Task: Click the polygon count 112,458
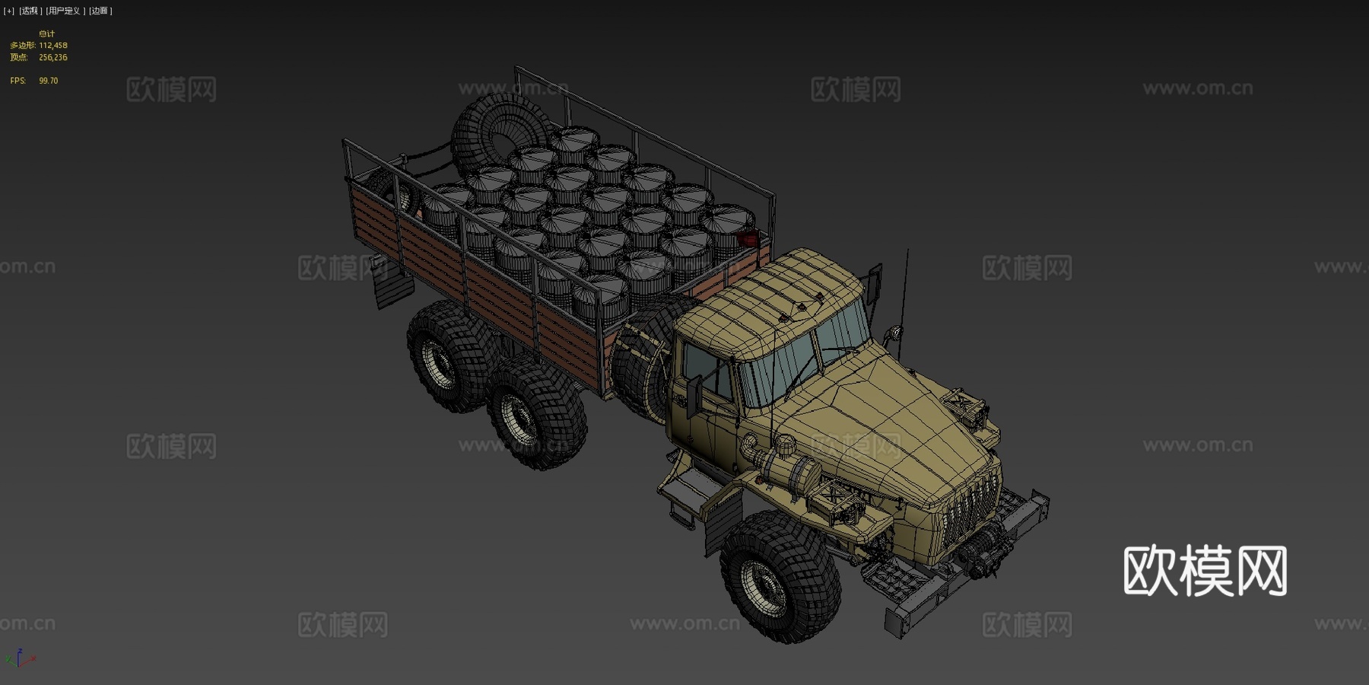tap(52, 46)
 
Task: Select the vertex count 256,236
tap(52, 58)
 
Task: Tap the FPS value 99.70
tap(48, 81)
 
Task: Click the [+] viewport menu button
tap(9, 11)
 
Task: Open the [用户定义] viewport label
tap(65, 11)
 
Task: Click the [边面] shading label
tap(100, 11)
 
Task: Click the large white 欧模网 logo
tap(1205, 570)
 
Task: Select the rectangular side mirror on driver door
tap(694, 396)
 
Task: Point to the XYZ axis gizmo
tap(20, 659)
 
